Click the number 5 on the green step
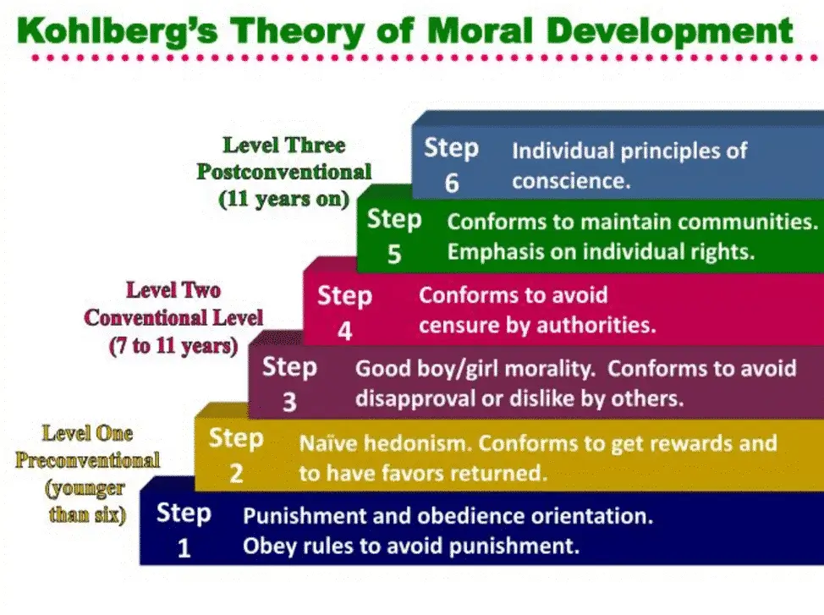tap(394, 254)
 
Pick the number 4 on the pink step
tap(344, 331)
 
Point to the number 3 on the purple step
tap(289, 402)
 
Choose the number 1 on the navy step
tap(184, 549)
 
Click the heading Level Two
tap(173, 290)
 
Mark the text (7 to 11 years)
tap(173, 346)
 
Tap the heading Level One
tap(87, 433)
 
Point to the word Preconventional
tap(87, 461)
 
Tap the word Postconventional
tap(284, 172)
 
